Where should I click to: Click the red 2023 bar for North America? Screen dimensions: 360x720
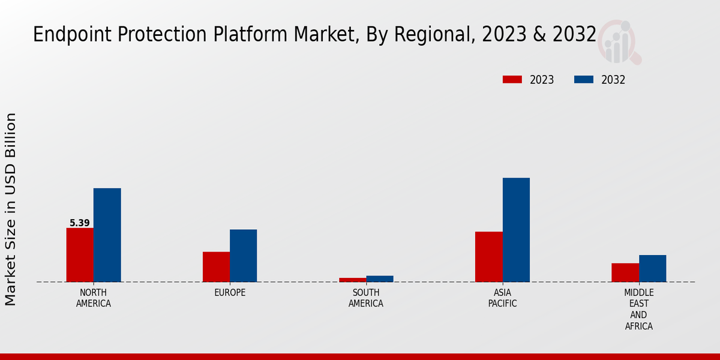coord(80,255)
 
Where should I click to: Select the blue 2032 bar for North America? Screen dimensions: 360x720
coord(107,235)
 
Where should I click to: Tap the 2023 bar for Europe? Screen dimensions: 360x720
coord(216,267)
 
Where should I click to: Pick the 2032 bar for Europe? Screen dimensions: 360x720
coord(243,256)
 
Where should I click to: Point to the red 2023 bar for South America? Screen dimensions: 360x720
coord(352,280)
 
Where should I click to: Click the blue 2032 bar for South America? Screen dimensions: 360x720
coord(380,278)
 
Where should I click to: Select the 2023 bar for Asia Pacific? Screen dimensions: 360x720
coord(488,257)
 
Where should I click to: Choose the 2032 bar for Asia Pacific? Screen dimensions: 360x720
coord(516,230)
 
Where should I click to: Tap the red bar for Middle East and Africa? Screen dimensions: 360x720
coord(625,272)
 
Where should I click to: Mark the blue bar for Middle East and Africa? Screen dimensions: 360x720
coord(652,268)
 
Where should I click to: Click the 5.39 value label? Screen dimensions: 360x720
coord(80,223)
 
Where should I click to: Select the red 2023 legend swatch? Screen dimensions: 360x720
coord(512,80)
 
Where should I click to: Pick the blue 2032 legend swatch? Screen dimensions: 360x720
coord(584,80)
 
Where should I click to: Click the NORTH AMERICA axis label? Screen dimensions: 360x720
coord(94,298)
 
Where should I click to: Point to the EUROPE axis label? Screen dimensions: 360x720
coord(230,293)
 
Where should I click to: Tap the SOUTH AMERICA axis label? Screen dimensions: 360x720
coord(366,298)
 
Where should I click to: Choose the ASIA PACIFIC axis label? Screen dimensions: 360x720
coord(502,298)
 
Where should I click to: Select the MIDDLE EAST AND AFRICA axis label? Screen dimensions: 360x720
coord(638,310)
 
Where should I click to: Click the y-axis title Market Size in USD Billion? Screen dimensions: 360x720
coord(11,209)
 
